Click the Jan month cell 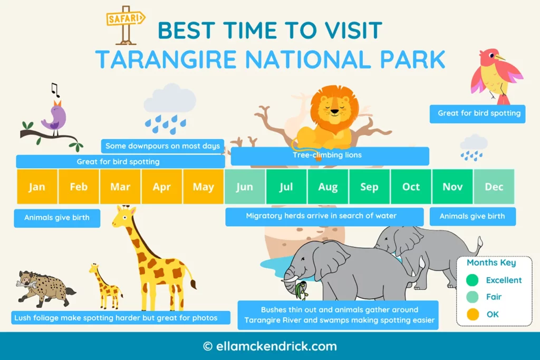coord(37,187)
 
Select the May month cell coord(204,187)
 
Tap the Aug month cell coord(328,187)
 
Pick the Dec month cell coord(494,187)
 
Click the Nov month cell coord(452,187)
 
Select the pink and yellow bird coord(495,74)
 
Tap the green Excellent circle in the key coord(472,280)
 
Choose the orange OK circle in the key coord(472,315)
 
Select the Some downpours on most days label coord(162,146)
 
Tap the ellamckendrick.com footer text coord(270,346)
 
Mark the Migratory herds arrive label coord(321,216)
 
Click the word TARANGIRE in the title coord(167,60)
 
